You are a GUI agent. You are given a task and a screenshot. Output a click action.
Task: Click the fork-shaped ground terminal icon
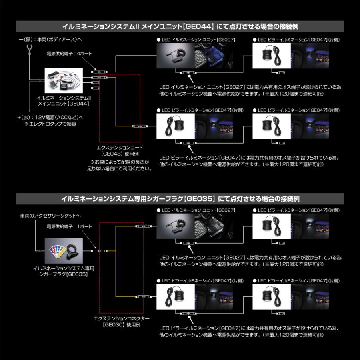[29, 49]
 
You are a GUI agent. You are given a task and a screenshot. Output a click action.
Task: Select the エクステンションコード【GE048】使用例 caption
[120, 150]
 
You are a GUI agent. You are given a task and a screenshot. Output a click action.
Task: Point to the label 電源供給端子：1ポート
[69, 226]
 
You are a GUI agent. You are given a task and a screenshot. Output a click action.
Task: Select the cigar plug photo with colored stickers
[64, 250]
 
